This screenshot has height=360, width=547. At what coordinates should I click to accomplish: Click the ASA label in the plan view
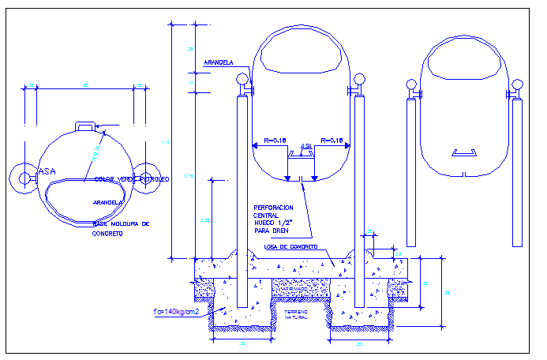pos(47,170)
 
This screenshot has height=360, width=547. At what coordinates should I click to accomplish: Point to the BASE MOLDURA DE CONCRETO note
pos(120,229)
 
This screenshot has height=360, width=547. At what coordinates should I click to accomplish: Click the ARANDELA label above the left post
pos(218,62)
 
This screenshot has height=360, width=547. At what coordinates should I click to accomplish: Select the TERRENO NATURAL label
pos(297,315)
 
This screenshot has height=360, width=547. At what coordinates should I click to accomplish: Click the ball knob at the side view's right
pos(518,83)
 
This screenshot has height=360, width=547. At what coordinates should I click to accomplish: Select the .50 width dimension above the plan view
pos(85,84)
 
